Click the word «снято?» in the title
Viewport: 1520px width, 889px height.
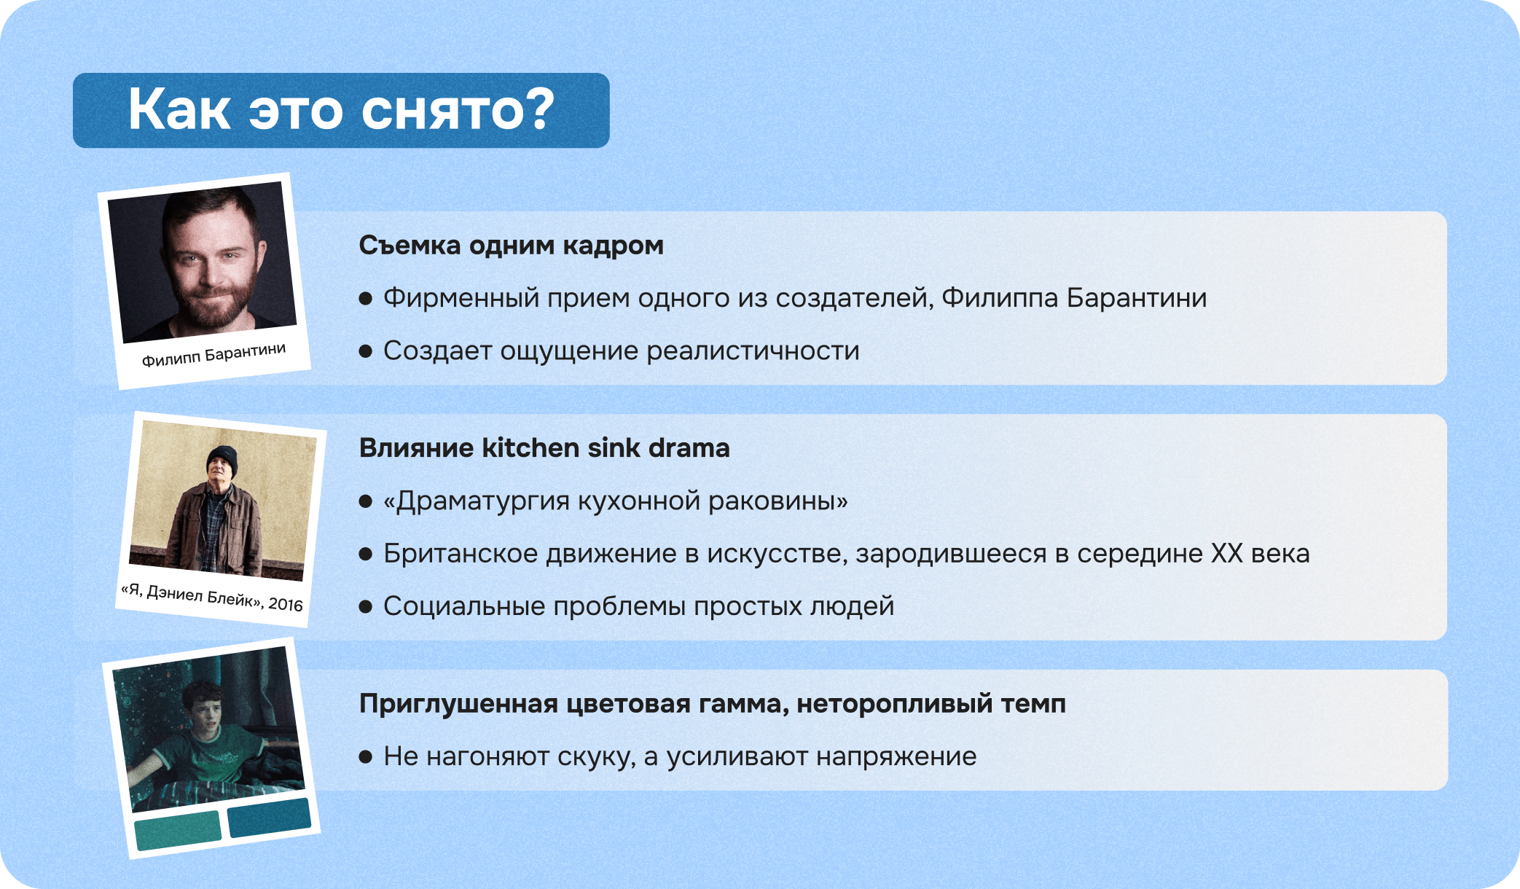458,111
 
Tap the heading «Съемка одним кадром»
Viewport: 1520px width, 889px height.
511,246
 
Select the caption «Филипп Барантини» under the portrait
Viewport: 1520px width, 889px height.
213,355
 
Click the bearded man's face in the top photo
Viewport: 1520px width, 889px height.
208,262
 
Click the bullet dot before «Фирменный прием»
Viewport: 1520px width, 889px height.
366,298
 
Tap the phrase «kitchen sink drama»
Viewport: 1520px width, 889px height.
606,448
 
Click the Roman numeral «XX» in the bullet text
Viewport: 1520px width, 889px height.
1226,554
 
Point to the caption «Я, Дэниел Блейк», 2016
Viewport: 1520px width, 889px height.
211,598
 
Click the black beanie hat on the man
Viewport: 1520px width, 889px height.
222,458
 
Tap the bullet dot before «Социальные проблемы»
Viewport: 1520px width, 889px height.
366,606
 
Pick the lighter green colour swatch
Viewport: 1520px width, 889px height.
178,830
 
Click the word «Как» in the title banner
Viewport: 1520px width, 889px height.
179,111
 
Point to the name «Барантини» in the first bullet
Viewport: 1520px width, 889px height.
1136,298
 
